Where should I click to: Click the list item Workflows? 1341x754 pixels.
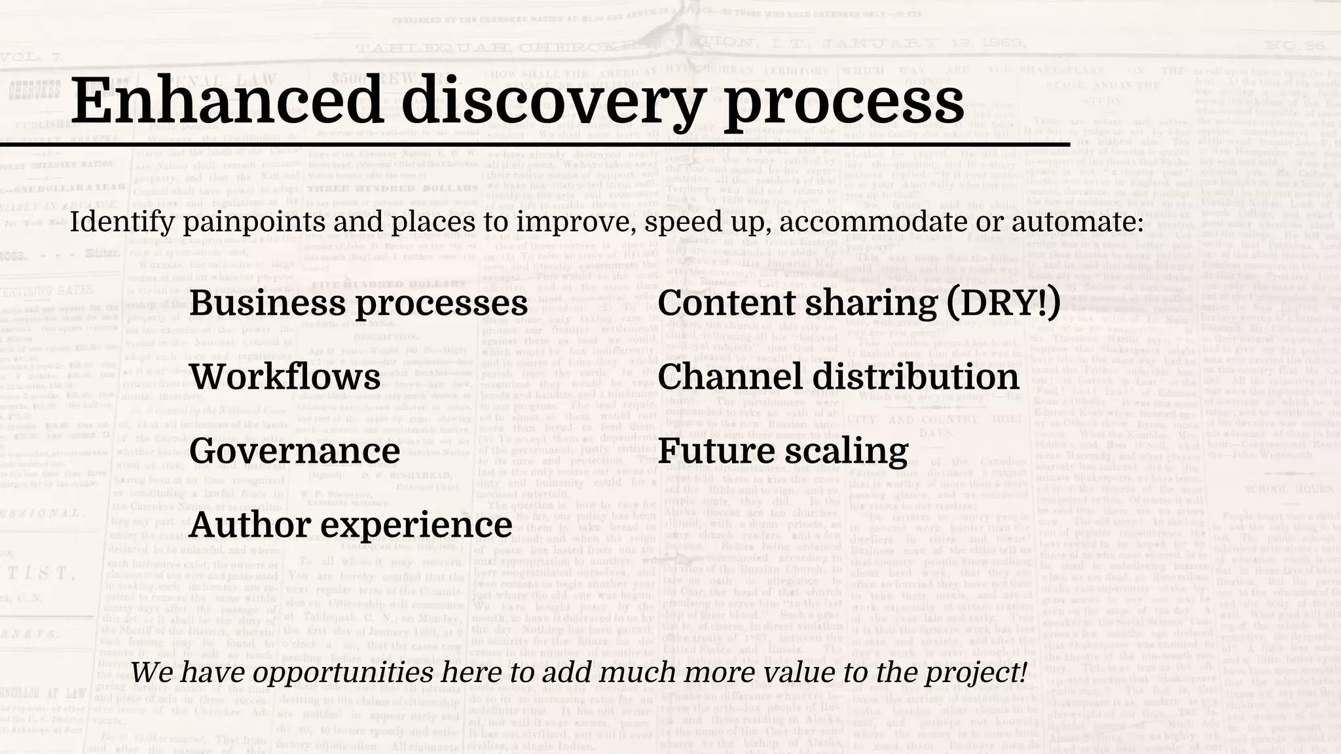pos(285,378)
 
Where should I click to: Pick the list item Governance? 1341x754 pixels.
pos(295,452)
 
